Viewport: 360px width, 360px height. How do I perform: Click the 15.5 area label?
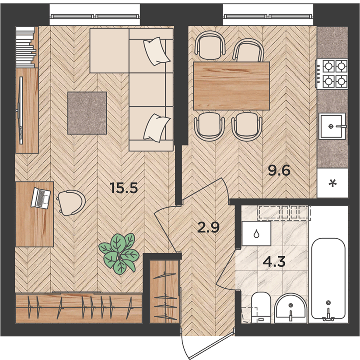tap(124, 187)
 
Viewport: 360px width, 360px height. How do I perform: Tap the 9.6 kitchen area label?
tap(280, 171)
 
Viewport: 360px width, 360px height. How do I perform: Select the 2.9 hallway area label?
tap(209, 228)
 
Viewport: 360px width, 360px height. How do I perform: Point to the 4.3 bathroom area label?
tap(274, 262)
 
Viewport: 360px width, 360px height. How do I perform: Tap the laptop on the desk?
tap(41, 198)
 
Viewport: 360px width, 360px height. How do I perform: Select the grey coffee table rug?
tap(87, 113)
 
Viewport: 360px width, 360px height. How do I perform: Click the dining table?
tap(231, 86)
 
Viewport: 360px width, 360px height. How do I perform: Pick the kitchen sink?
tap(332, 126)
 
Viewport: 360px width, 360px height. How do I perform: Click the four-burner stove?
tap(332, 74)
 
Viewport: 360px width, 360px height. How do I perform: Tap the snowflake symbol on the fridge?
tap(332, 183)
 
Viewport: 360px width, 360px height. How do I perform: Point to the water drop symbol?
tap(256, 234)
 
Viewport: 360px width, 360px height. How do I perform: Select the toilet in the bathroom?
tap(261, 307)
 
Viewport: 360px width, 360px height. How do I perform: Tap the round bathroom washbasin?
tap(290, 307)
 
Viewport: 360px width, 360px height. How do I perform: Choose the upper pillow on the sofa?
tap(156, 51)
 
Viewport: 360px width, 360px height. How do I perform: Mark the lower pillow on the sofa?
tap(157, 128)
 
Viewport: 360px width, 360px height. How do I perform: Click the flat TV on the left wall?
tap(21, 110)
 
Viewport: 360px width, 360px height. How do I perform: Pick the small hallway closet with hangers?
tap(164, 292)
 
